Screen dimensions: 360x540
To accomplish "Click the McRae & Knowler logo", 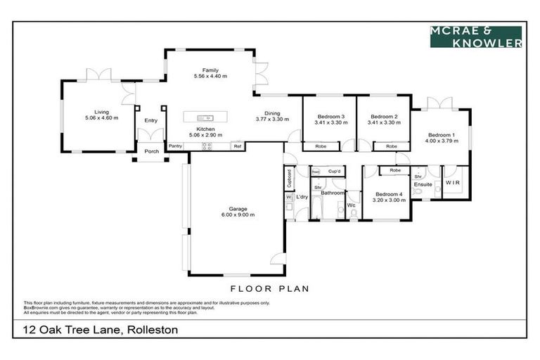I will pos(476,37).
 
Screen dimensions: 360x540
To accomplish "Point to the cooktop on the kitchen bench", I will pos(207,146).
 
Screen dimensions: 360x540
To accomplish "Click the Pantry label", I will pos(176,146).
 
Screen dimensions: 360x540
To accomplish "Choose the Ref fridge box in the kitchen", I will pos(238,146).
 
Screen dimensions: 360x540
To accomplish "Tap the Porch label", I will pos(151,151).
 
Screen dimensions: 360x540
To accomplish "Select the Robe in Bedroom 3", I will pos(321,146).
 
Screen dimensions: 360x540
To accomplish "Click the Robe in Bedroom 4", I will pos(395,170).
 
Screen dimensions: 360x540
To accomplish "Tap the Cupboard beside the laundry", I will pos(289,179).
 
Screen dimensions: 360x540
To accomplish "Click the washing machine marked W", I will pos(288,198).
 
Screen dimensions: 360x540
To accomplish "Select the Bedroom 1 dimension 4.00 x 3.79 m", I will pos(441,141).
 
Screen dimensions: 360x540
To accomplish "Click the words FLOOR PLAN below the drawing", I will pos(270,288).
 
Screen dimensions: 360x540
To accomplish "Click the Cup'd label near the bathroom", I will pos(335,172).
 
